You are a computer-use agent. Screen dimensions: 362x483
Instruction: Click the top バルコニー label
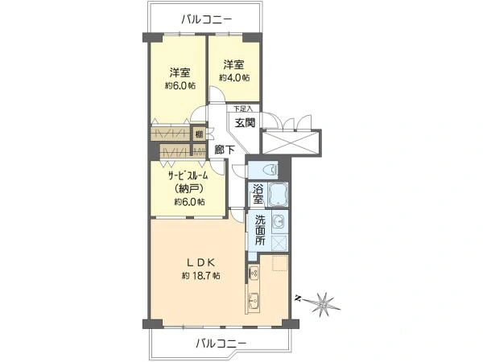point(206,18)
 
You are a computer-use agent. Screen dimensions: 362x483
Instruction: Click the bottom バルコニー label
point(221,343)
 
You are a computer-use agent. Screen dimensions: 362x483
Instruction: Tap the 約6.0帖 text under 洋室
point(180,86)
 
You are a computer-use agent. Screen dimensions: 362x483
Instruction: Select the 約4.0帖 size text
point(234,78)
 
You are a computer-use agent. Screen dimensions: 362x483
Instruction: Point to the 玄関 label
point(244,122)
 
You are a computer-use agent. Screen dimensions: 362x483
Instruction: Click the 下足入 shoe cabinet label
point(243,108)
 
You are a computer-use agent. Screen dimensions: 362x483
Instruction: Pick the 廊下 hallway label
point(225,150)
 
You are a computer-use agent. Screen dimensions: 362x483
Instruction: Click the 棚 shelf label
point(198,135)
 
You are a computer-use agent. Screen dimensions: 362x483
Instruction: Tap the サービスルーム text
point(188,175)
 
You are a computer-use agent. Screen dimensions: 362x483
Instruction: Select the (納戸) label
point(188,188)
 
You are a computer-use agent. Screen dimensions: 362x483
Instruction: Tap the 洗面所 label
point(259,229)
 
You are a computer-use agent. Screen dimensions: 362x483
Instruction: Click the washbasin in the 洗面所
point(279,222)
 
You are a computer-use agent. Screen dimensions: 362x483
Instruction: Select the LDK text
point(200,261)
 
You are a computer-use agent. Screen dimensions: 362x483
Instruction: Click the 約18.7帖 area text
point(200,275)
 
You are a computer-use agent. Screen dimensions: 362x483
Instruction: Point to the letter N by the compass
point(298,298)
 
